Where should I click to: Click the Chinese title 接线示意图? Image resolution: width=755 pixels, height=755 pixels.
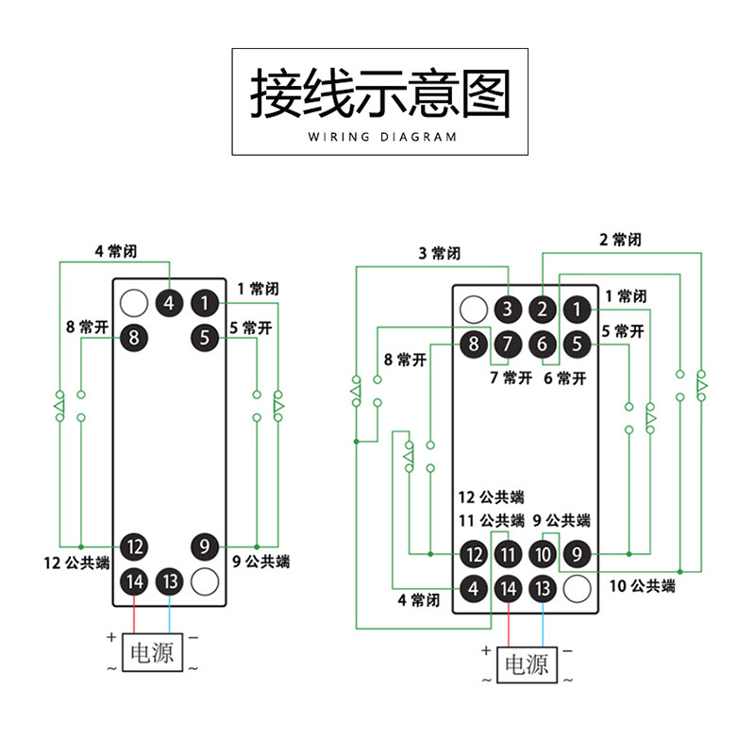coord(379,92)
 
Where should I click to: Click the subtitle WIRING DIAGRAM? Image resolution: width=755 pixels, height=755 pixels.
coord(382,137)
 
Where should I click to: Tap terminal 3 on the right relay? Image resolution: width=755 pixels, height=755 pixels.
coord(508,309)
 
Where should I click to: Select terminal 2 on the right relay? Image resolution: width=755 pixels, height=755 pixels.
coord(542,309)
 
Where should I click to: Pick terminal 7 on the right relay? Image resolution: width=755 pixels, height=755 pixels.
coord(508,344)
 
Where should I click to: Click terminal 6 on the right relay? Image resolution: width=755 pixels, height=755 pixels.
coord(542,344)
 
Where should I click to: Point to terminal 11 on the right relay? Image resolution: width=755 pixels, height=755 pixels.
coord(508,554)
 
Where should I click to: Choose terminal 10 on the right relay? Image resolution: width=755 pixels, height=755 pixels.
coord(542,554)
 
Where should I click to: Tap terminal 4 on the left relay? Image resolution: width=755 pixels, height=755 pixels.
coord(169,303)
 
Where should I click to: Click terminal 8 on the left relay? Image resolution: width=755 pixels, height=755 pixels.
coord(134,336)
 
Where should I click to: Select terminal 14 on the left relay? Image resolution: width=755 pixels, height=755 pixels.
coord(134,580)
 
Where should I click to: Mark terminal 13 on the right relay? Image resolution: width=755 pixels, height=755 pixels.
coord(542,589)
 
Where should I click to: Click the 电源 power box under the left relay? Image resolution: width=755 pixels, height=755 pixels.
coord(151,651)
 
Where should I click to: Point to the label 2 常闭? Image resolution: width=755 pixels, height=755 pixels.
coord(620,240)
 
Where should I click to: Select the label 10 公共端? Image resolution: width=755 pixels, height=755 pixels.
coord(642,586)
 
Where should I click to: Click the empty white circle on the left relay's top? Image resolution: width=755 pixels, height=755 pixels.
coord(134,303)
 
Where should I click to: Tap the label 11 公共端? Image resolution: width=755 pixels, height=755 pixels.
coord(491,520)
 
